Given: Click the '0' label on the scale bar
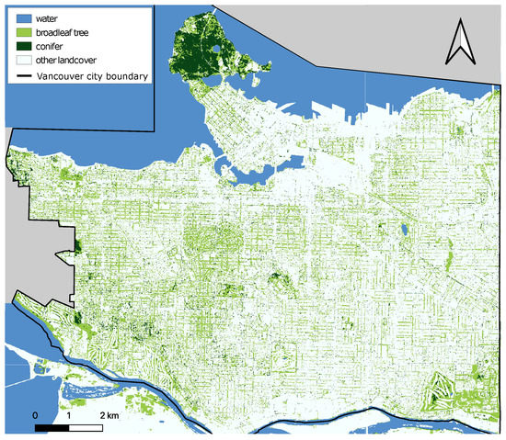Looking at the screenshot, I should click(35, 416).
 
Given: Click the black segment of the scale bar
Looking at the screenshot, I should click(52, 428).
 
